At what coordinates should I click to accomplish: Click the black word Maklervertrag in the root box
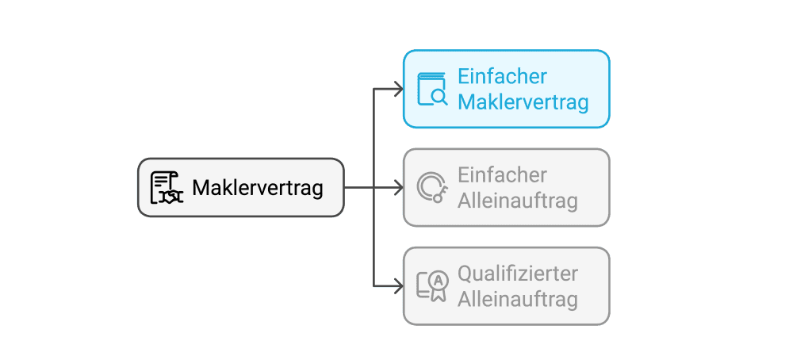click(258, 189)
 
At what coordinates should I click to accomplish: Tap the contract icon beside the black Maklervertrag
click(167, 188)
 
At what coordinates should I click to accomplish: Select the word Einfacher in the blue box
click(503, 76)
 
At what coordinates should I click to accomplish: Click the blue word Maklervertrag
click(523, 102)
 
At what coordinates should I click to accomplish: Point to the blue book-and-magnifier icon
click(432, 89)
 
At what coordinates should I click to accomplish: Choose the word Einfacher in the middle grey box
click(503, 174)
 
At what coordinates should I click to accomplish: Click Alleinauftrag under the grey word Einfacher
click(518, 201)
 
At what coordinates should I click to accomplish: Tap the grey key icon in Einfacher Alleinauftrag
click(432, 187)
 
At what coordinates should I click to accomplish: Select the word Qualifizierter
click(518, 273)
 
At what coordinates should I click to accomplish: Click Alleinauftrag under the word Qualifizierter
click(518, 299)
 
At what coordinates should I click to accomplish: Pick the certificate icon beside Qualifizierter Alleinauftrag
click(432, 285)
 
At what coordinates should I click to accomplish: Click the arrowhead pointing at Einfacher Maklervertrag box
click(399, 90)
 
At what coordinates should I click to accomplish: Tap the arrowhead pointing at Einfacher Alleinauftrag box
click(399, 188)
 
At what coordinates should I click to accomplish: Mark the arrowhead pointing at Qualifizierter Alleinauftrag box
click(399, 286)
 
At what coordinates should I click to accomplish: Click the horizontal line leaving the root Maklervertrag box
click(358, 188)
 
